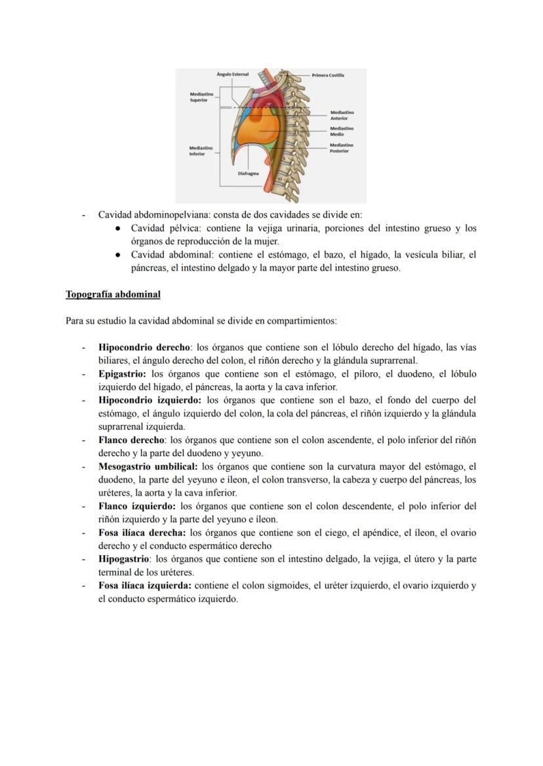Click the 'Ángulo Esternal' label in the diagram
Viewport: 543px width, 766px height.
click(233, 75)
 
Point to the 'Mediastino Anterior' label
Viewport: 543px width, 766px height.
click(339, 115)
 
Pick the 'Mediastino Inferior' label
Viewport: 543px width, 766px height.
click(201, 151)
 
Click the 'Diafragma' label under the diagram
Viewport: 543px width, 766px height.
click(248, 174)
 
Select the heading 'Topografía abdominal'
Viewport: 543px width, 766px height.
click(113, 295)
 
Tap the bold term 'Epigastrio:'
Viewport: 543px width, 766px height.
click(122, 374)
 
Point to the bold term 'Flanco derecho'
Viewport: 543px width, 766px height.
click(131, 440)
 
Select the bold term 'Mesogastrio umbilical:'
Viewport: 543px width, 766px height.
click(148, 467)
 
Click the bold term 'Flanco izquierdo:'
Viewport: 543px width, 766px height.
click(136, 507)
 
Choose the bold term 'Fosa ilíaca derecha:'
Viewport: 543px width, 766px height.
click(142, 533)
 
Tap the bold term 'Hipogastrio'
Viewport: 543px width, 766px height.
click(124, 560)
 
